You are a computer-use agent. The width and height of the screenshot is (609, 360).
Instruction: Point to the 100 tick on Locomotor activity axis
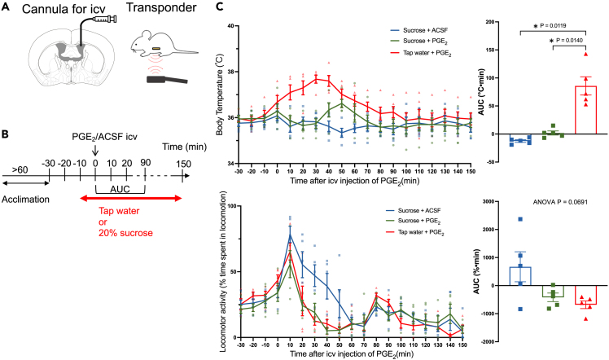pos(229,206)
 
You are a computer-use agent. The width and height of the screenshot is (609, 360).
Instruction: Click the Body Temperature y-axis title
pos(214,95)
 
